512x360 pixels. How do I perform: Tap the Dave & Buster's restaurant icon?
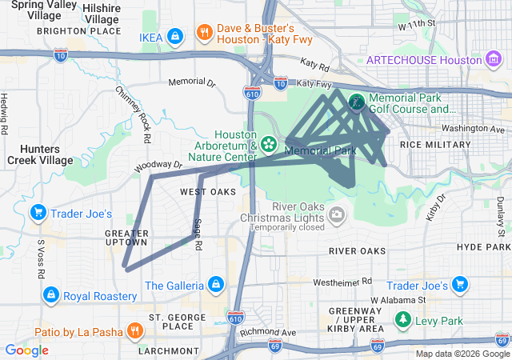[x=205, y=33]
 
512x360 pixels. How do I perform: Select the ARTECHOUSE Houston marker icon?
[x=494, y=60]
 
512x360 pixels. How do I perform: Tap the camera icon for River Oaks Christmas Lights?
[x=337, y=214]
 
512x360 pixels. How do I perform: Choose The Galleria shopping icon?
[x=215, y=285]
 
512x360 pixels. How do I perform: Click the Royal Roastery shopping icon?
[x=50, y=296]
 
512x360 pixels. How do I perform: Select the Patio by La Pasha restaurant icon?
[x=134, y=330]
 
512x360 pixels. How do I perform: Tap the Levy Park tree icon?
[x=402, y=321]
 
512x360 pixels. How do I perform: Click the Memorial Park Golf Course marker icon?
[x=356, y=102]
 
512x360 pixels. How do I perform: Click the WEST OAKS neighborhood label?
[x=208, y=192]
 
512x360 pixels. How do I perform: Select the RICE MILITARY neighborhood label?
[x=435, y=144]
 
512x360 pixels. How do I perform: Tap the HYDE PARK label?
[x=483, y=247]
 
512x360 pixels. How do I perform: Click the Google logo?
[x=26, y=350]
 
